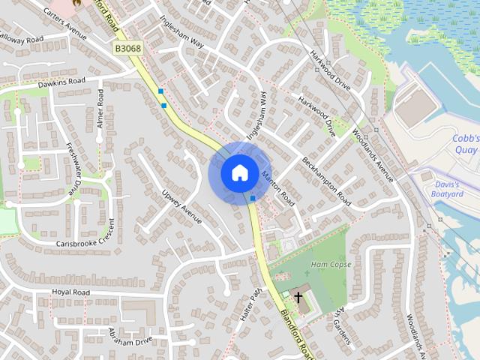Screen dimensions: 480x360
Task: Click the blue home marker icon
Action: pos(239,172)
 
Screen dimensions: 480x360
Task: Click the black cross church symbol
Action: pos(298,297)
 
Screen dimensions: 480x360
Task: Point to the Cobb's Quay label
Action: pos(465,144)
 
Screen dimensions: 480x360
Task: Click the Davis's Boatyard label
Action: pos(448,189)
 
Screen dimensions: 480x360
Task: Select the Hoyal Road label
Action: pos(71,292)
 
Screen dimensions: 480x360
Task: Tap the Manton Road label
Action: pos(278,188)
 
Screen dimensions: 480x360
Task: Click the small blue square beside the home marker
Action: pos(253,198)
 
